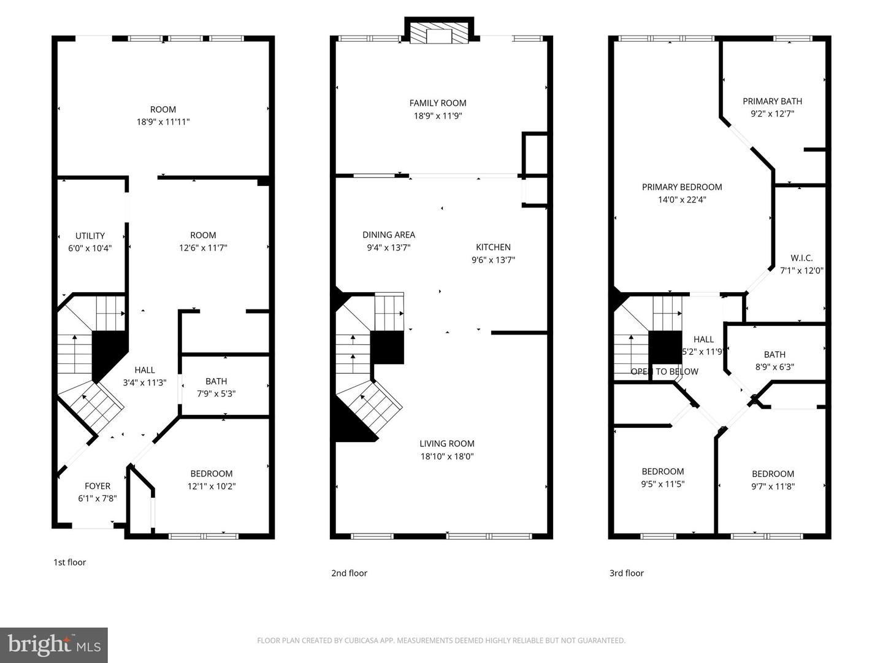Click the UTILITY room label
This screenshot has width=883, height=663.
[x=90, y=236]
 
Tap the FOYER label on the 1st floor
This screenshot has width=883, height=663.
[x=97, y=486]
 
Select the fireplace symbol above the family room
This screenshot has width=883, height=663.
[x=438, y=34]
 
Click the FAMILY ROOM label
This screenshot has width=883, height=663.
[x=438, y=103]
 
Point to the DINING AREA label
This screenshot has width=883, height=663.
[x=388, y=235]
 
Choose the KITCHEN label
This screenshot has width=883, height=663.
[x=493, y=247]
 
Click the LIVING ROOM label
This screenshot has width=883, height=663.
[x=446, y=443]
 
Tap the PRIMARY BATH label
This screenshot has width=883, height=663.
[x=772, y=101]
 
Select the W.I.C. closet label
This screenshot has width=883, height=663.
[x=801, y=258]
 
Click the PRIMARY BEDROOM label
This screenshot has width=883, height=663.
[x=682, y=187]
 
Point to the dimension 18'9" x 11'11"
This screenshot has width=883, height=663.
[x=163, y=122]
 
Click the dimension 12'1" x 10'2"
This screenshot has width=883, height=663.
[x=212, y=486]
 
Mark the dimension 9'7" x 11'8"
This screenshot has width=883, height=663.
[x=773, y=486]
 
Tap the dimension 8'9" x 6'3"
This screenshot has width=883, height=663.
[x=774, y=367]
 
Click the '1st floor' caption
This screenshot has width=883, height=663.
[x=69, y=562]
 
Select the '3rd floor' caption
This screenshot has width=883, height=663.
[x=626, y=573]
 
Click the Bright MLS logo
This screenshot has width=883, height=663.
[x=54, y=645]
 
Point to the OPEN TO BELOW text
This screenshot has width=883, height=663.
[x=664, y=371]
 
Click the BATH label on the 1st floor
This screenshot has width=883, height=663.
[x=216, y=381]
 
